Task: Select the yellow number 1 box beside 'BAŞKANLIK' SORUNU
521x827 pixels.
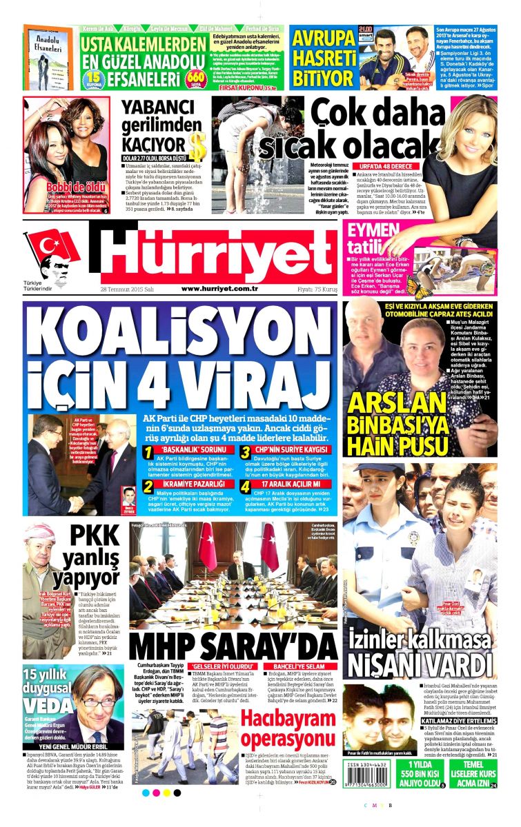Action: (146, 452)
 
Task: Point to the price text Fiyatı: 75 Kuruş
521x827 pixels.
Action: (308, 289)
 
